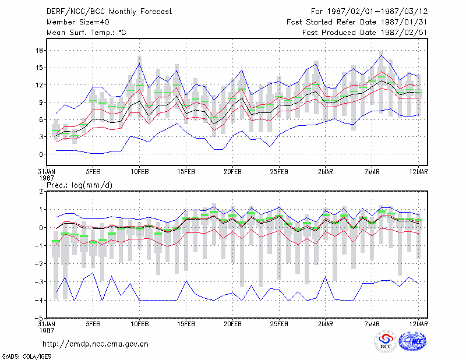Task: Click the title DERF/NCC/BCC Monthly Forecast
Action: click(109, 12)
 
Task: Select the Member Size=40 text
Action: click(78, 22)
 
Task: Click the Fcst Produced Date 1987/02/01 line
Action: click(365, 33)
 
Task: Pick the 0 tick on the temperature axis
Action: click(41, 154)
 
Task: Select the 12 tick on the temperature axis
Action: click(39, 85)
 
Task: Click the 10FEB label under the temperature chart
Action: click(140, 172)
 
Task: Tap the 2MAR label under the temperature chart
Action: click(326, 172)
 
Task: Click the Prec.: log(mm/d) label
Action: click(79, 185)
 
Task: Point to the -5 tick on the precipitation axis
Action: click(38, 318)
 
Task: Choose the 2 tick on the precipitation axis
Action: click(41, 191)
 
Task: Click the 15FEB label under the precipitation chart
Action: click(186, 324)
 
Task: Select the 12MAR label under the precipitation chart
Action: click(418, 324)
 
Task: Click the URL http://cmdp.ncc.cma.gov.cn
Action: click(96, 344)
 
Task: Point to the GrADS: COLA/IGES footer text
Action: click(26, 357)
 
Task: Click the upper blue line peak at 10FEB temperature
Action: click(139, 63)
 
